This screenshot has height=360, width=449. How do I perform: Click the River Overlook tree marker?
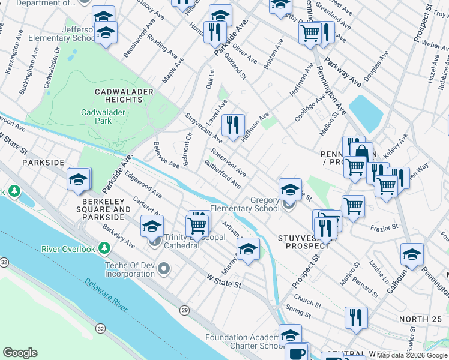pos(104,248)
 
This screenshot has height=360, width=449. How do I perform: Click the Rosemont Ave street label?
pos(228,163)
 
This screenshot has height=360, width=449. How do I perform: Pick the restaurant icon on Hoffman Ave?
pos(233,125)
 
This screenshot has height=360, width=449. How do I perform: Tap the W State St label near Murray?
pos(223,280)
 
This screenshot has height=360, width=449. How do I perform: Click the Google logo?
pos(20,353)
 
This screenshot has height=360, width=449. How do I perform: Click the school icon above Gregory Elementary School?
pos(290,190)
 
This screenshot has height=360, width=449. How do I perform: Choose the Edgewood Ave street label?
pos(143,186)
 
